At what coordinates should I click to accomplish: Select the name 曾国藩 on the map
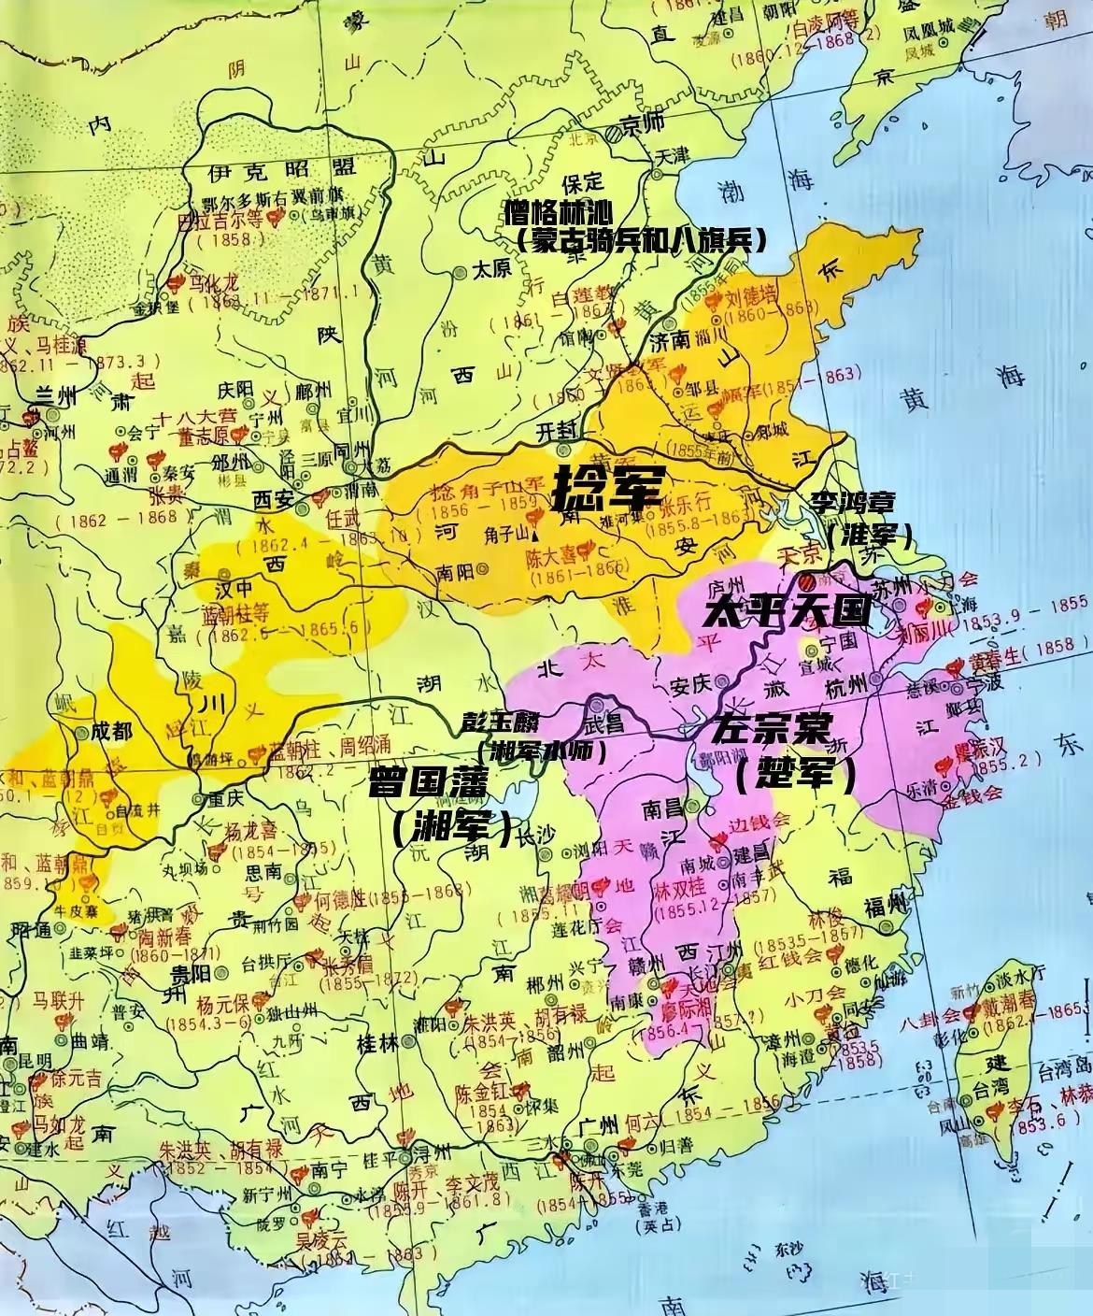pos(429,783)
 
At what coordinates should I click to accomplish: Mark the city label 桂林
pos(376,1045)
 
